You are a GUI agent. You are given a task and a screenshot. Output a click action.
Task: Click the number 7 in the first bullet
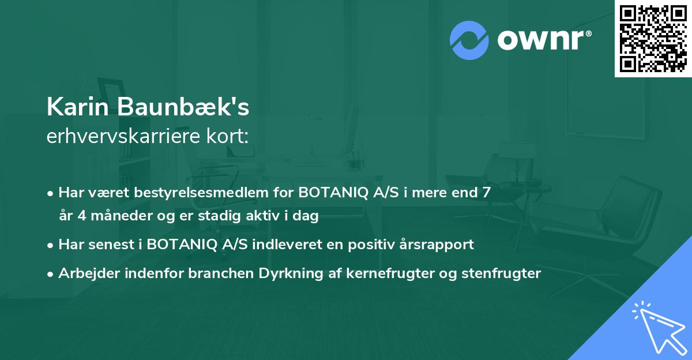point(487,192)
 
